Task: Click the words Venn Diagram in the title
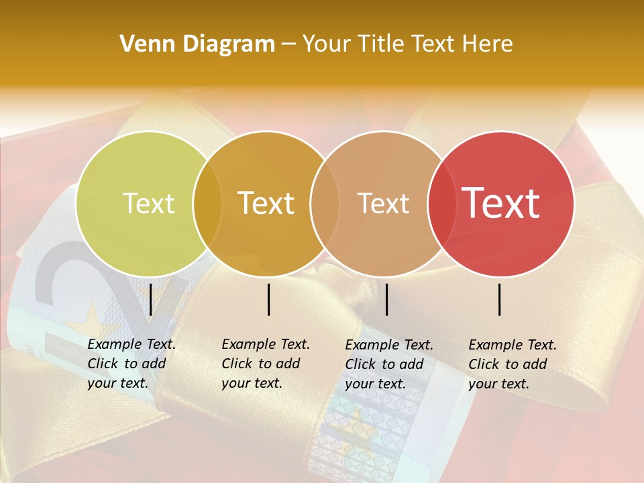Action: [197, 44]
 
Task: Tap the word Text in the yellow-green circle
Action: [148, 204]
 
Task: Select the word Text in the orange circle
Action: [266, 204]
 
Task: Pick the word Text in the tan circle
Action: [383, 204]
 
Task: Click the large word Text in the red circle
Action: [500, 203]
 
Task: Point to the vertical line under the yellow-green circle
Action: [151, 299]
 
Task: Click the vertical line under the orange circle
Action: [269, 299]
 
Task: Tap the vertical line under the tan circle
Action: [386, 299]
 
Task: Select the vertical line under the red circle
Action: [500, 299]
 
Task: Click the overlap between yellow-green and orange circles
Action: [207, 204]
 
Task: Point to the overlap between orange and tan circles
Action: [323, 204]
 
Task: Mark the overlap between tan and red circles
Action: [439, 204]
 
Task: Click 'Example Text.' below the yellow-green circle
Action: [131, 344]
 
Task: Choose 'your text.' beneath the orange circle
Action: [252, 383]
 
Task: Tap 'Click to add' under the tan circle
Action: [384, 364]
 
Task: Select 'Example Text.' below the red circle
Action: [513, 345]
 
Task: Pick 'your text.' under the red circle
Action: [498, 384]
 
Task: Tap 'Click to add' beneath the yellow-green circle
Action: [127, 364]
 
